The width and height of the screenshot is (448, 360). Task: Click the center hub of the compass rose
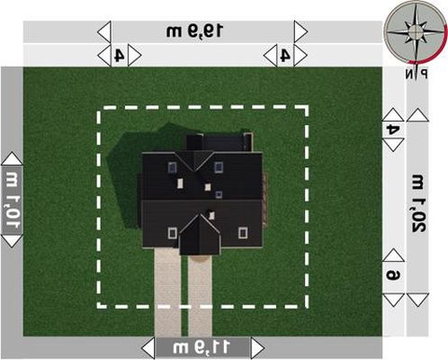pyautogui.click(x=416, y=31)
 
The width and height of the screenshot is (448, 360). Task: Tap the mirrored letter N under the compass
pyautogui.click(x=409, y=74)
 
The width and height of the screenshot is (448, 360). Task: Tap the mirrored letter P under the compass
pyautogui.click(x=424, y=74)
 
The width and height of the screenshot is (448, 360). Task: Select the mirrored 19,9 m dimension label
pyautogui.click(x=194, y=31)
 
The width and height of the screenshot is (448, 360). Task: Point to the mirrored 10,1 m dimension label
pyautogui.click(x=13, y=200)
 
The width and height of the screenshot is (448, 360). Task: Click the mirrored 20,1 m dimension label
pyautogui.click(x=418, y=202)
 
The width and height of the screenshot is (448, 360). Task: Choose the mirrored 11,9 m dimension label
pyautogui.click(x=202, y=347)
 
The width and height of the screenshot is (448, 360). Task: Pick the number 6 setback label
pyautogui.click(x=393, y=274)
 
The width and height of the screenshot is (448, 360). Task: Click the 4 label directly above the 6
pyautogui.click(x=393, y=130)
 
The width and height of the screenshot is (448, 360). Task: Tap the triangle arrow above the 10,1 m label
pyautogui.click(x=12, y=158)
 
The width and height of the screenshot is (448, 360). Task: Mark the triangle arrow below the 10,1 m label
pyautogui.click(x=12, y=241)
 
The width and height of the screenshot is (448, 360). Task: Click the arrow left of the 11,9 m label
pyautogui.click(x=148, y=348)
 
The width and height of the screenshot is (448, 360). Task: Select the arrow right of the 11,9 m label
pyautogui.click(x=257, y=348)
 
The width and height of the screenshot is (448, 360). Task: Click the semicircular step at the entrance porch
pyautogui.click(x=201, y=258)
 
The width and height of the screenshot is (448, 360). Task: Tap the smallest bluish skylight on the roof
pyautogui.click(x=219, y=194)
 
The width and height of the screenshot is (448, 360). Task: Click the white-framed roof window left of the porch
pyautogui.click(x=172, y=233)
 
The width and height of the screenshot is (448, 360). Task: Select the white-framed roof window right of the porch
pyautogui.click(x=243, y=233)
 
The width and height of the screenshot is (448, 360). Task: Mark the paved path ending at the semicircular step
pyautogui.click(x=200, y=297)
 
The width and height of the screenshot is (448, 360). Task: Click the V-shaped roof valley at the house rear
pyautogui.click(x=195, y=161)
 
